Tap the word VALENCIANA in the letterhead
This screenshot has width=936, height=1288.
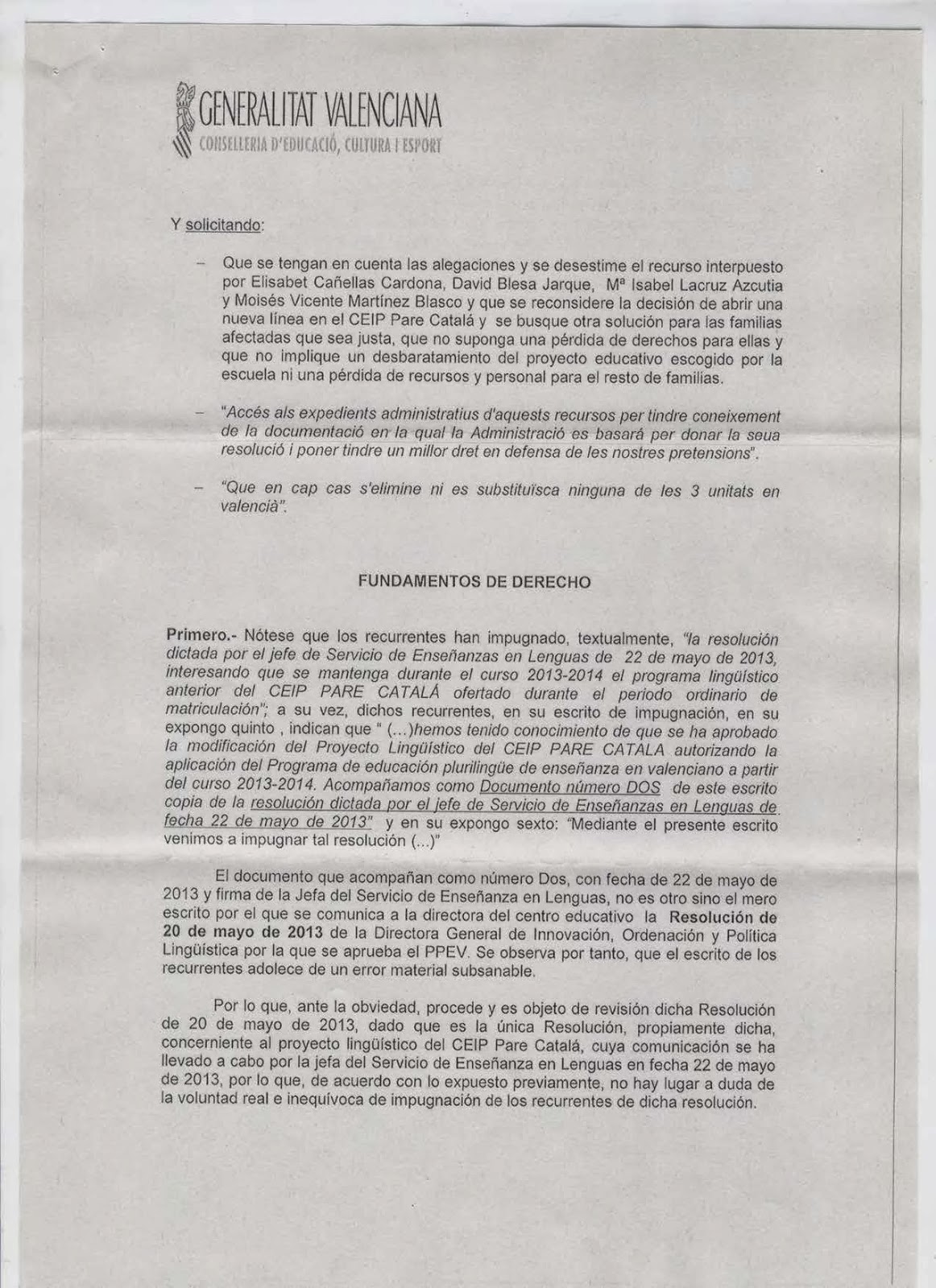click(x=382, y=114)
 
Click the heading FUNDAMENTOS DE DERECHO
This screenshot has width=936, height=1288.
click(x=474, y=582)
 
